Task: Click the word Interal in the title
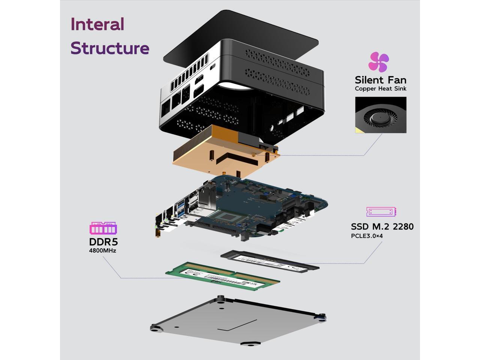(x=97, y=24)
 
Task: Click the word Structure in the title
(x=109, y=48)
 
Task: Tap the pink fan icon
(x=378, y=62)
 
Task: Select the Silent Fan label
(x=380, y=80)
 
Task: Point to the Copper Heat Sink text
(x=380, y=89)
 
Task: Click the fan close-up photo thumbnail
(x=380, y=115)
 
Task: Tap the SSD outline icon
(x=381, y=211)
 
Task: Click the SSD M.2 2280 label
(x=382, y=226)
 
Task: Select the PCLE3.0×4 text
(x=366, y=236)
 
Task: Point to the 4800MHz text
(x=102, y=250)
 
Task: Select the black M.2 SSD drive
(x=270, y=261)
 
